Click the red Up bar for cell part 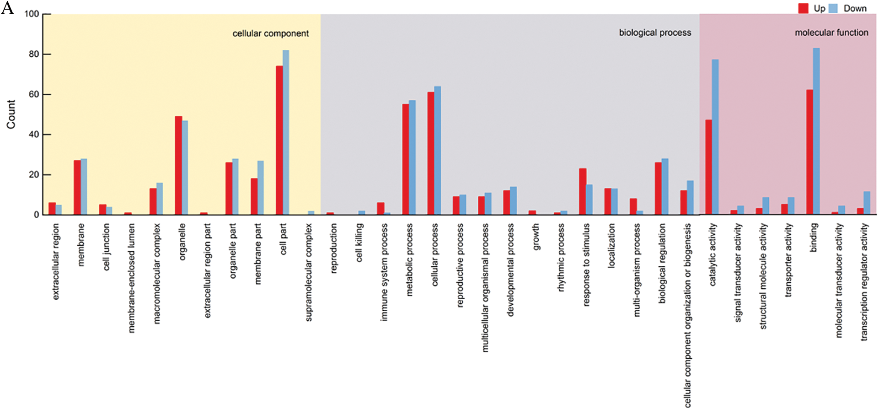point(279,140)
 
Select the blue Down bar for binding point(816,131)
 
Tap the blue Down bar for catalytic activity point(715,137)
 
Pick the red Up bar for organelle point(178,165)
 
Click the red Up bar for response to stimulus point(583,191)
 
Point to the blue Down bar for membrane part point(261,188)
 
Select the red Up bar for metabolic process point(406,159)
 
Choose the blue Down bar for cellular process point(438,150)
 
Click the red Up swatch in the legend point(804,8)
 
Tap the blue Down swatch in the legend point(833,8)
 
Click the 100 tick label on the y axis point(32,14)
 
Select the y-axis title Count point(11,114)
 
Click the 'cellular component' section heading point(271,33)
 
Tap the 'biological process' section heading point(655,32)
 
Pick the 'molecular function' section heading point(831,32)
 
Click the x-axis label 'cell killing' point(359,243)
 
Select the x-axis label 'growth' point(536,237)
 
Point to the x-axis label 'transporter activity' point(788,260)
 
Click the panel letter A point(7,8)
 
